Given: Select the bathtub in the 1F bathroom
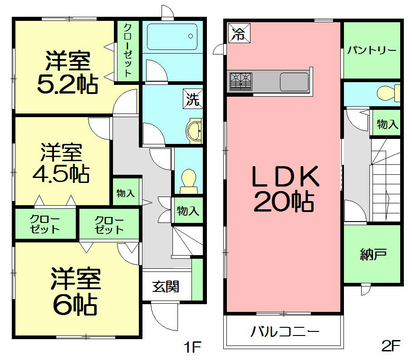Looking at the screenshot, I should pyautogui.click(x=172, y=36).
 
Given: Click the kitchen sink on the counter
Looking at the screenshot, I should pyautogui.click(x=294, y=82).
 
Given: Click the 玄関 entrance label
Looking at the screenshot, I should pyautogui.click(x=166, y=287).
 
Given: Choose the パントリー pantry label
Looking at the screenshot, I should pyautogui.click(x=372, y=50).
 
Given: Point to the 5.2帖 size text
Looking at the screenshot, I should pyautogui.click(x=67, y=84).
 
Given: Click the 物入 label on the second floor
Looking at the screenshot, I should pyautogui.click(x=387, y=124).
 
